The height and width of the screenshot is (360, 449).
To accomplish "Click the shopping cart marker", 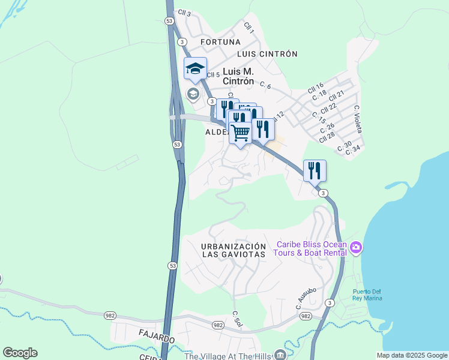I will [241, 133].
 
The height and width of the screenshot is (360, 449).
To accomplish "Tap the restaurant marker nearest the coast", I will [315, 171].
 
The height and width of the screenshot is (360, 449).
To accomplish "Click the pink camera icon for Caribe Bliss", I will [356, 247].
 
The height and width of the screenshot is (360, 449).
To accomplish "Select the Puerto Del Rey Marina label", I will [367, 296].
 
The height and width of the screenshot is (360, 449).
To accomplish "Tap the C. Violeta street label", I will [358, 119].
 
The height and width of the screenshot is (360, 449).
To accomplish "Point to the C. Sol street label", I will [237, 319].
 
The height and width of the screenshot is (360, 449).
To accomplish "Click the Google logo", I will [20, 353].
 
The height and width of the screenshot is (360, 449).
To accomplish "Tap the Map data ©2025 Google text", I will [411, 355].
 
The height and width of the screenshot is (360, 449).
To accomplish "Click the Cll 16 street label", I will [316, 88].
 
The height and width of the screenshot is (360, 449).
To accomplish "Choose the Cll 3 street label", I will [184, 13].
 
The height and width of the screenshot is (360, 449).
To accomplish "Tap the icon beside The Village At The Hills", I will [279, 355].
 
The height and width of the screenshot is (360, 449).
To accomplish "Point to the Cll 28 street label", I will [327, 136].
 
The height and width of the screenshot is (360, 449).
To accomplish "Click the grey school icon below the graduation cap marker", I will [193, 94].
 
